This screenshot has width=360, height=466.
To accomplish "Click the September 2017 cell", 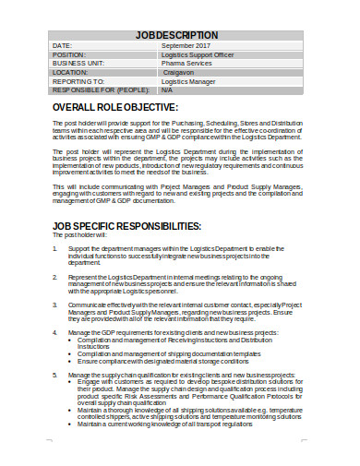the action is click(186, 45).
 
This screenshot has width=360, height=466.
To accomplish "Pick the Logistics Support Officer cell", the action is click(201, 54).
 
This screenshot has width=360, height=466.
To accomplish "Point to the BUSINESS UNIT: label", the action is click(78, 63).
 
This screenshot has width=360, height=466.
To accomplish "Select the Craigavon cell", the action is click(181, 72).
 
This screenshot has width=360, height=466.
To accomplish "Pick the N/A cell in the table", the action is click(167, 90).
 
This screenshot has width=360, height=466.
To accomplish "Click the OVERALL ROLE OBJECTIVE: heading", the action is click(126, 109).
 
